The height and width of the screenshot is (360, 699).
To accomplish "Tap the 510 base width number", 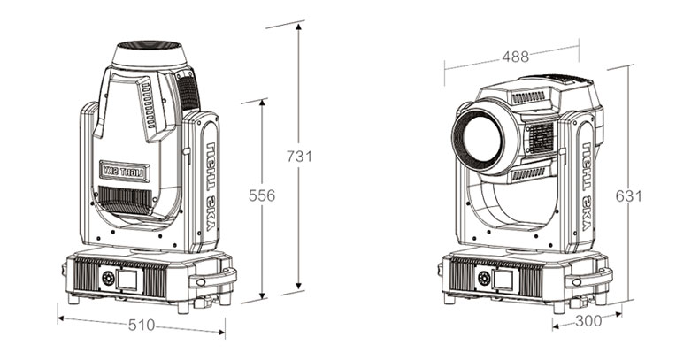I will coord(140,325).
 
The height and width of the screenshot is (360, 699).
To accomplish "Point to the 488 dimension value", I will coord(515,57).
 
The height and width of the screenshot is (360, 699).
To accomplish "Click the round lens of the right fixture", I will coord(479,138).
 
